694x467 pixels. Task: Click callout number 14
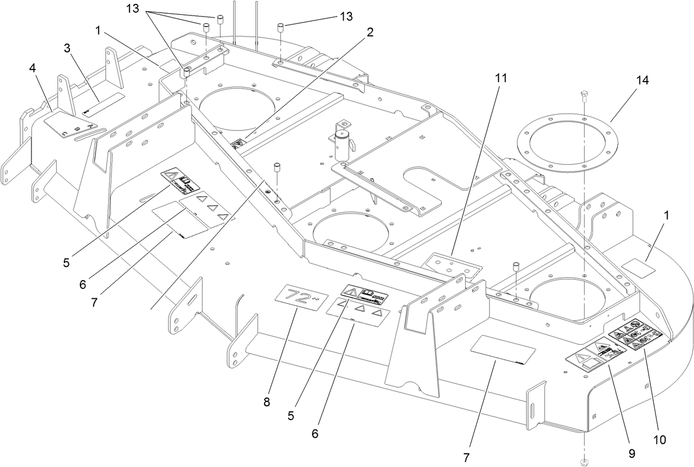click(x=642, y=80)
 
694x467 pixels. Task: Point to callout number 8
click(x=266, y=402)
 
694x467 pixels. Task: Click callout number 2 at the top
click(x=369, y=32)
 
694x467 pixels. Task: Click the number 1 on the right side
click(x=668, y=216)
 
